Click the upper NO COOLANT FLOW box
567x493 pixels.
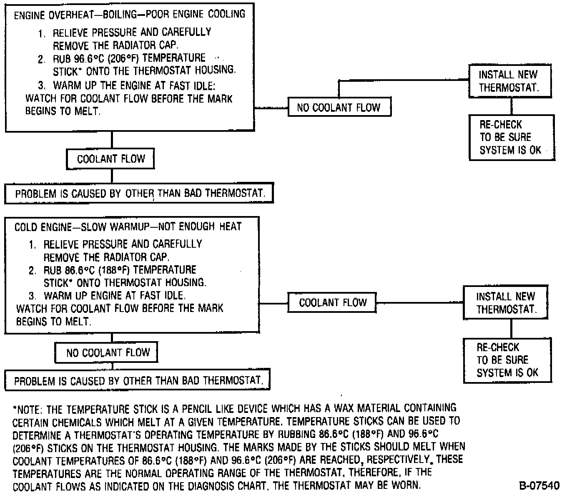coord(339,108)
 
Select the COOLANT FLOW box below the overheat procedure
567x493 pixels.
coord(111,159)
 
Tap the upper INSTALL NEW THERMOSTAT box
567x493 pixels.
coord(510,81)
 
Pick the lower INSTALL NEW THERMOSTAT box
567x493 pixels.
coord(506,303)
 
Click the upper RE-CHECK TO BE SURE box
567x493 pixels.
coord(511,137)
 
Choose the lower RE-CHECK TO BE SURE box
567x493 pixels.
coord(507,360)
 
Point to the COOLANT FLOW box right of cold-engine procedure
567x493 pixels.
coord(332,302)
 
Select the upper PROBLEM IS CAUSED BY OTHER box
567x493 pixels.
coord(139,193)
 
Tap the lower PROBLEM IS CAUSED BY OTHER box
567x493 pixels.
coord(137,380)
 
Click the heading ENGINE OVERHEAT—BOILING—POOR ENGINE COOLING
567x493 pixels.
coord(129,15)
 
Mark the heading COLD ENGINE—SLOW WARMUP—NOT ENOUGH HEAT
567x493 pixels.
coord(128,226)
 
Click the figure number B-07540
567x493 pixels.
coord(539,485)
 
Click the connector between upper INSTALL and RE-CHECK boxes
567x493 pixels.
coord(512,106)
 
